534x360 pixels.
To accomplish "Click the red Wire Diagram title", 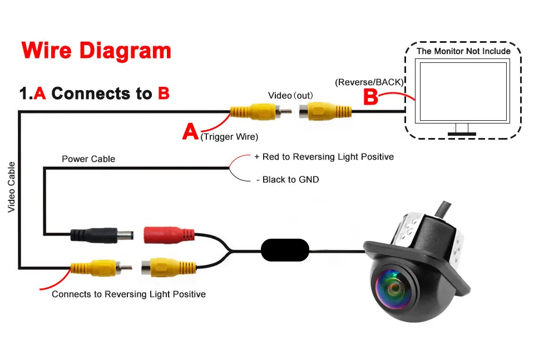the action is tap(96, 51).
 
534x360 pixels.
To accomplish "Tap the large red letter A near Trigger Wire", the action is tap(190, 131).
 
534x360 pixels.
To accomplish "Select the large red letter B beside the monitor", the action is tap(370, 97).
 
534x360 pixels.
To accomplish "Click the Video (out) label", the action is tap(290, 95).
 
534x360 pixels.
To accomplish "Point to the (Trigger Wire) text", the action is tap(229, 137).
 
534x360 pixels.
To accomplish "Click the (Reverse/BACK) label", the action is tap(369, 82).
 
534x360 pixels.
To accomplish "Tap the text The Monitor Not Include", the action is tap(463, 51).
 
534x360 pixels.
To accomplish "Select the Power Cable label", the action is tap(88, 159).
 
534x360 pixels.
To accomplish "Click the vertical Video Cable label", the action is tap(11, 187).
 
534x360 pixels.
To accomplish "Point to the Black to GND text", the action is tap(288, 180).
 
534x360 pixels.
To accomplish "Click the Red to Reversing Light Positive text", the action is tap(324, 157).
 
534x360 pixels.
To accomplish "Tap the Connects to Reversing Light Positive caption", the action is tap(128, 294).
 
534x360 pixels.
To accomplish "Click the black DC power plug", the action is tap(101, 235).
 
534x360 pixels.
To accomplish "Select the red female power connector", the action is tap(169, 235).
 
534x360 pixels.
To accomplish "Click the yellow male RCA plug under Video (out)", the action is tap(260, 111).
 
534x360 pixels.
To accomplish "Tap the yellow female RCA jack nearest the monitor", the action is tap(325, 112).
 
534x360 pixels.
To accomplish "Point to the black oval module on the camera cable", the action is tap(285, 250).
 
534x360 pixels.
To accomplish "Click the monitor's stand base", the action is tap(462, 134).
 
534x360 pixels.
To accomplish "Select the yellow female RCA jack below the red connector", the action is tap(169, 267).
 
